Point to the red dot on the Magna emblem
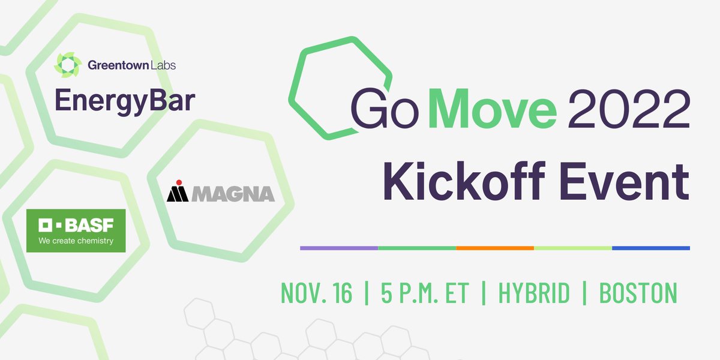tap(178, 182)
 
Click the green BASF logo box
tap(75, 230)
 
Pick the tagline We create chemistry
tap(75, 241)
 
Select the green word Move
tap(493, 107)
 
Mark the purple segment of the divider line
tap(339, 248)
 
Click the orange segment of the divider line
tap(495, 248)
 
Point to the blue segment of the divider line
tap(651, 248)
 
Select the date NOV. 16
tap(317, 293)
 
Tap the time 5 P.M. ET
tap(424, 293)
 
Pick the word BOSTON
tap(638, 293)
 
